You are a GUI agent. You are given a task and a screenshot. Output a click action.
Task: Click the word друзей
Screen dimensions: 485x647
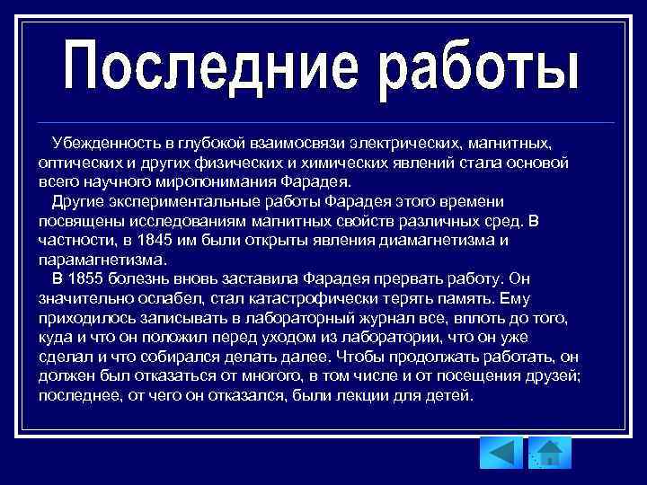pyautogui.click(x=554, y=375)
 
